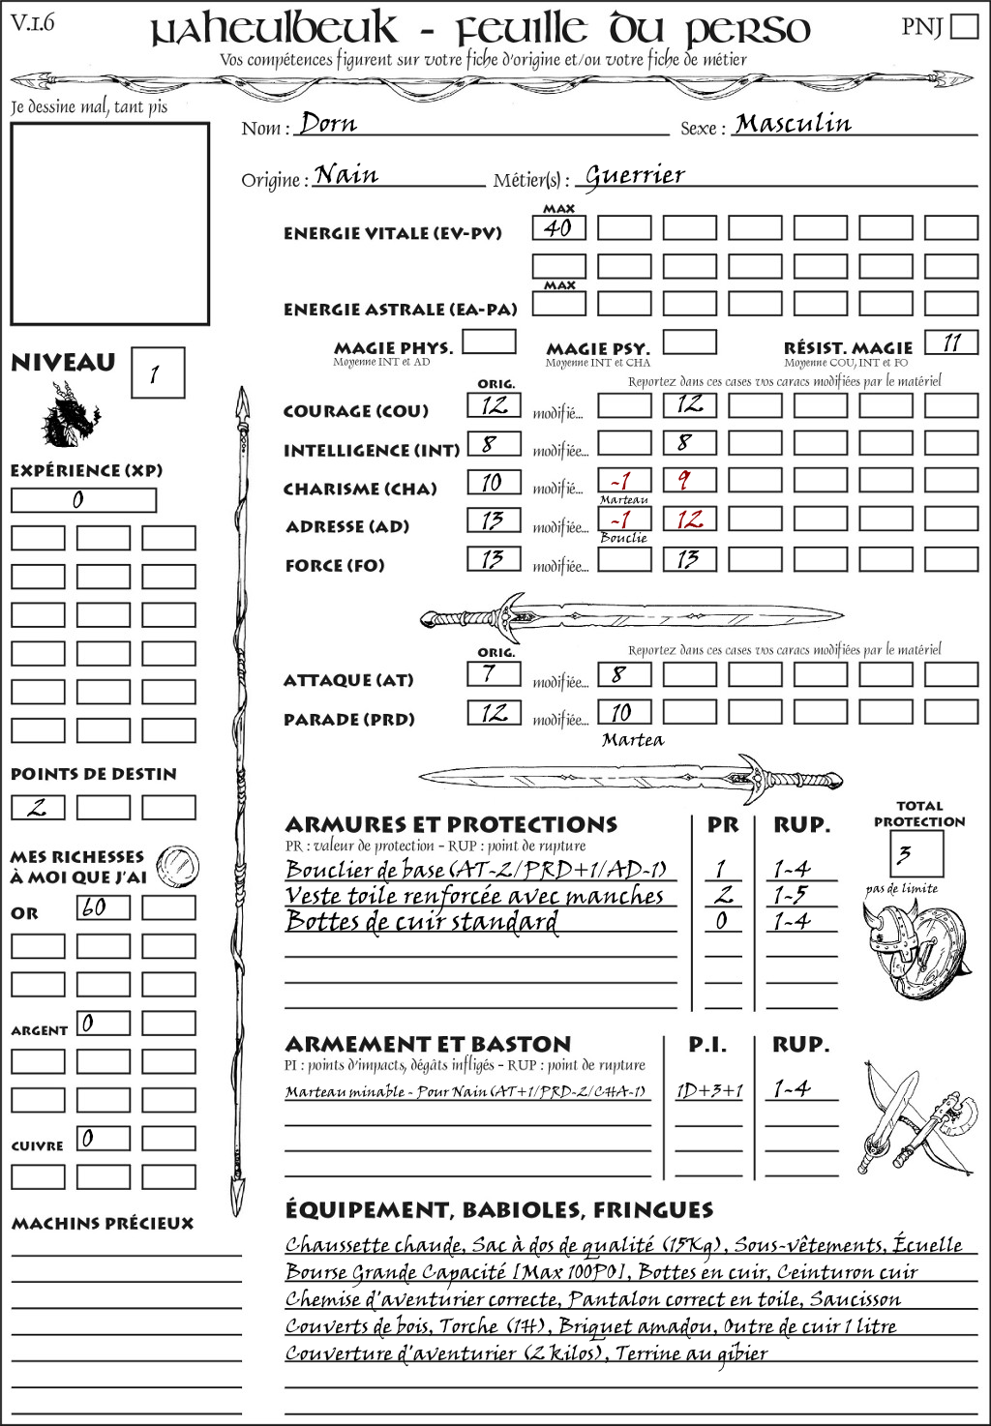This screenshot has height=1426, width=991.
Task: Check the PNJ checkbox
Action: click(x=964, y=26)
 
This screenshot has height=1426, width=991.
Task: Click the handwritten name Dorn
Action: click(x=328, y=124)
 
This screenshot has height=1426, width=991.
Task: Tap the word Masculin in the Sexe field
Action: click(x=793, y=124)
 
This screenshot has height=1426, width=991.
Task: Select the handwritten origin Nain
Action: click(x=346, y=175)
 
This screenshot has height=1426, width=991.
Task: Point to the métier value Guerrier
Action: click(x=635, y=176)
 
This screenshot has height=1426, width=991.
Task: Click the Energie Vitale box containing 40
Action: click(x=558, y=228)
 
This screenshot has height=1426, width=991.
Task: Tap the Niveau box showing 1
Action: click(x=157, y=373)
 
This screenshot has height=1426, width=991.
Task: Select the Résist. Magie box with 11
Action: click(x=950, y=342)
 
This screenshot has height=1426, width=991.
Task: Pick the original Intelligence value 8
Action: click(x=493, y=444)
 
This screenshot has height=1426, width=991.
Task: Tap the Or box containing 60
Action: click(x=103, y=907)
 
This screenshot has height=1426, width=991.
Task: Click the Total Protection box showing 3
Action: click(x=916, y=854)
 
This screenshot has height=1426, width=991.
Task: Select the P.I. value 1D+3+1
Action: click(x=708, y=1091)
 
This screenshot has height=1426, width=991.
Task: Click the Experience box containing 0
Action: click(x=83, y=500)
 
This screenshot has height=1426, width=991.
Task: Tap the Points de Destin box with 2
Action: click(x=38, y=808)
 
